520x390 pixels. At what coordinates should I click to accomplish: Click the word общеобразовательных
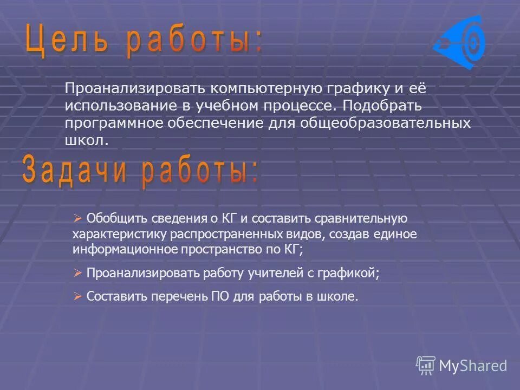point(398,123)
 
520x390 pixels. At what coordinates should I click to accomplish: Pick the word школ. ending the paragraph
point(87,140)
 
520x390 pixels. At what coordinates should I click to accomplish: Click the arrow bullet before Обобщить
point(77,218)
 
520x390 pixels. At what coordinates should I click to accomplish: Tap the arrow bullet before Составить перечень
point(77,296)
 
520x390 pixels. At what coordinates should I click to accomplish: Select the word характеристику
point(120,235)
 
